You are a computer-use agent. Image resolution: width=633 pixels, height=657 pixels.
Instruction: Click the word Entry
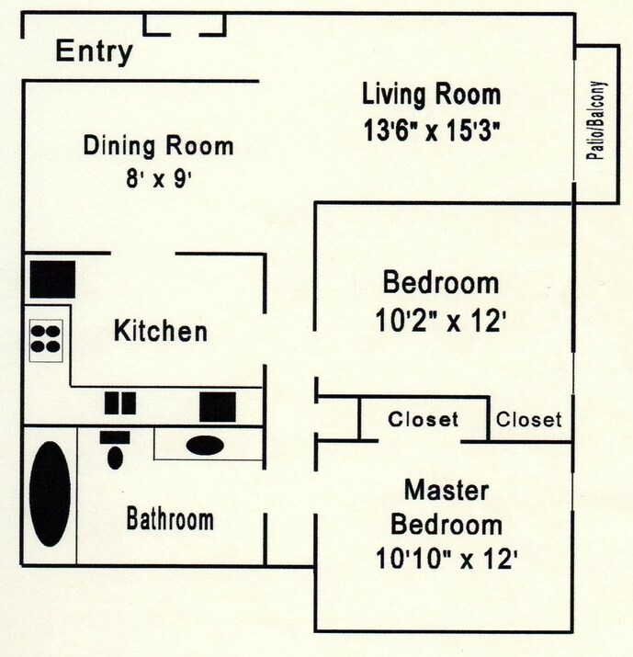[x=94, y=51]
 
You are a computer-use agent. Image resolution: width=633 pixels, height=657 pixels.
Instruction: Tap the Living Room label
[x=431, y=94]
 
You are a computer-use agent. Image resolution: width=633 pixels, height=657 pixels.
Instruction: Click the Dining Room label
[x=158, y=145]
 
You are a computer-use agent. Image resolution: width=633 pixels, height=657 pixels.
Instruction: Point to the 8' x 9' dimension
[x=158, y=178]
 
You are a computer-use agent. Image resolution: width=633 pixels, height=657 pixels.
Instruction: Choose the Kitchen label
[x=160, y=331]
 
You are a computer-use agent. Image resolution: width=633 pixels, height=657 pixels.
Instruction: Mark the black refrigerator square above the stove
[x=51, y=279]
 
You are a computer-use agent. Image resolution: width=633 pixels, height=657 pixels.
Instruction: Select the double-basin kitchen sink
[x=119, y=403]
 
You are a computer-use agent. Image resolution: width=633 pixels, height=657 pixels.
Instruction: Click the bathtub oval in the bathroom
[x=51, y=494]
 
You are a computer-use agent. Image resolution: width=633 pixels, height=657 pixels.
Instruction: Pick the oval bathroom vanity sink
[x=204, y=446]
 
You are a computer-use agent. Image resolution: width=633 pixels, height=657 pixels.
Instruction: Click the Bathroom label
[x=170, y=519]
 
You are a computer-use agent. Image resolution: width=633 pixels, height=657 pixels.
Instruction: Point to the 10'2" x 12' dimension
[x=441, y=322]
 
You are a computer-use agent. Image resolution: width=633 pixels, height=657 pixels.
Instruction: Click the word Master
[x=446, y=490]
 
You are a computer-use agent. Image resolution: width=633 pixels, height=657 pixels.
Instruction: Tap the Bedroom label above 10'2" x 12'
[x=441, y=283]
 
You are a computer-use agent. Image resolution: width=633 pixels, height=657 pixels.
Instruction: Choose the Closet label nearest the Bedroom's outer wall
[x=528, y=420]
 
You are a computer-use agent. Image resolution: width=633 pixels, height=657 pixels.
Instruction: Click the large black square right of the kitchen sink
[x=219, y=404]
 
